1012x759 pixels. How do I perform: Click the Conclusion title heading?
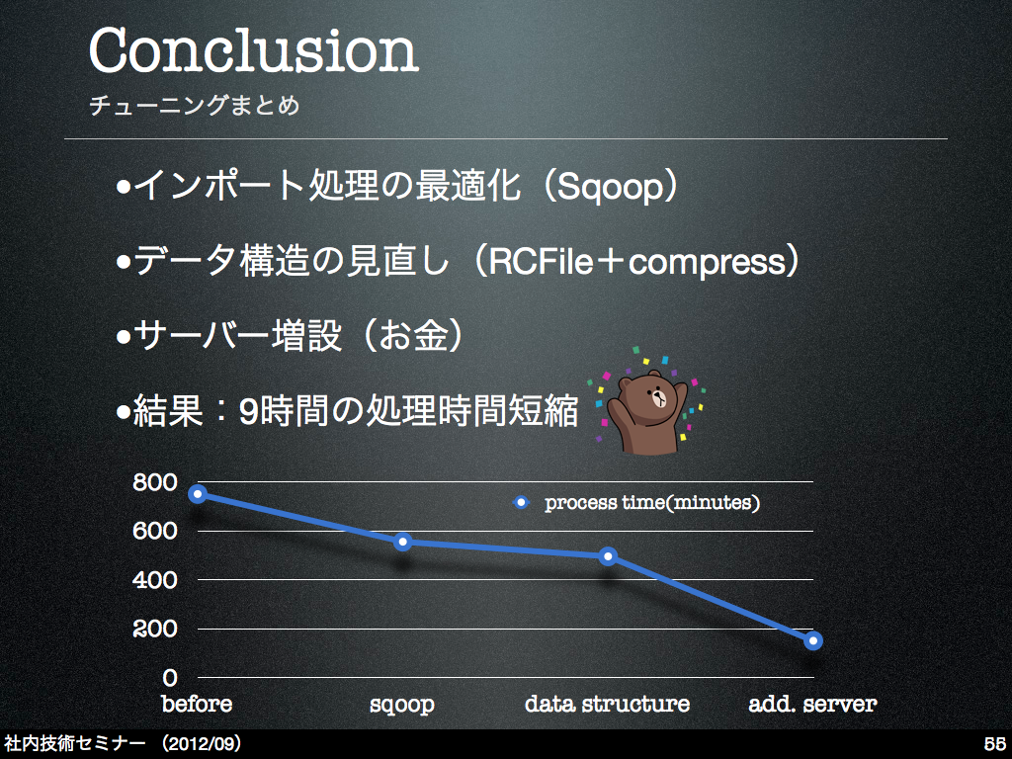pos(254,49)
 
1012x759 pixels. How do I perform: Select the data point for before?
pos(198,494)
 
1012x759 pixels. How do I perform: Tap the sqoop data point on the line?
pos(403,542)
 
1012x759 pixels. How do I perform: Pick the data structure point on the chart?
pos(608,555)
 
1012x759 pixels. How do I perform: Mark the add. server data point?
pos(812,640)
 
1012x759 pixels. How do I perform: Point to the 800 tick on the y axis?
pos(155,482)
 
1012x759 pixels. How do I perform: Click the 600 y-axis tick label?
pos(155,531)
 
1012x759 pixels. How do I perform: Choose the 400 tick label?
pos(155,579)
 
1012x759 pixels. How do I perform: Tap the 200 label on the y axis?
pos(155,628)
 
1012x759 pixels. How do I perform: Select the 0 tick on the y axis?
pos(170,677)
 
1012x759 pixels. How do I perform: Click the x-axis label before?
pos(197,704)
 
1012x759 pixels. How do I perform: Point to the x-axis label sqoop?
pos(402,704)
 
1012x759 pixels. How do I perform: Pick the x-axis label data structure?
pos(608,704)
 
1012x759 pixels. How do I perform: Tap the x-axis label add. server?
pos(812,704)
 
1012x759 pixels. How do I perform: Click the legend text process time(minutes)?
pos(652,503)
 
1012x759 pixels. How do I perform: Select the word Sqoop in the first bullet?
pos(611,186)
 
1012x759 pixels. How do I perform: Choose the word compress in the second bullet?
pos(706,262)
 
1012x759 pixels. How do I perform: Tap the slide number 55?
pos(994,743)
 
